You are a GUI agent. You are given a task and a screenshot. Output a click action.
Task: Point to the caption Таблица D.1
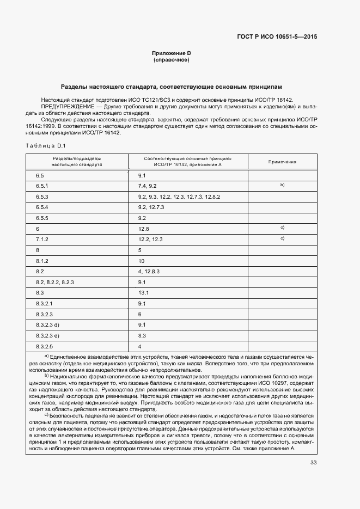pos(45,145)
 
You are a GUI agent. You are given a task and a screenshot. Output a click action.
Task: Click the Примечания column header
pos(282,162)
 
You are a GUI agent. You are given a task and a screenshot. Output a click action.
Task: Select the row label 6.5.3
pos(42,196)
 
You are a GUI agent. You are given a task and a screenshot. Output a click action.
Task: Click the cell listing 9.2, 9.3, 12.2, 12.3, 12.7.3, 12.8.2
pos(179,196)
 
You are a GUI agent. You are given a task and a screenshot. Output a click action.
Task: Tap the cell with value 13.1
pos(144,293)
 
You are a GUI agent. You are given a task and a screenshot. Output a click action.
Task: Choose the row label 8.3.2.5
pos(45,346)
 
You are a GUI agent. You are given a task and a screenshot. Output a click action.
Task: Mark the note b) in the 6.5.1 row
pos(282,185)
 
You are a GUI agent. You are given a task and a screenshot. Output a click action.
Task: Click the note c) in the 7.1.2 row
pos(282,238)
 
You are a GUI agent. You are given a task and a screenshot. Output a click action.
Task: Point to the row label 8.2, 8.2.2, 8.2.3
pos(54,282)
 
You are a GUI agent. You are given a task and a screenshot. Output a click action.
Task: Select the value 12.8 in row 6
pos(144,229)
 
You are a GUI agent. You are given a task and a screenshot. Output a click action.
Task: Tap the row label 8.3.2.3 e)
pos(48,335)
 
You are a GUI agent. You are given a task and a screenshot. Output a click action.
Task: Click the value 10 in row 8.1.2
pos(141,261)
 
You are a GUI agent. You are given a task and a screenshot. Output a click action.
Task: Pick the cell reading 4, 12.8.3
pos(148,271)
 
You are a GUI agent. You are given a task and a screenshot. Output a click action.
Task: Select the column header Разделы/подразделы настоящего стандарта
pos(77,161)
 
